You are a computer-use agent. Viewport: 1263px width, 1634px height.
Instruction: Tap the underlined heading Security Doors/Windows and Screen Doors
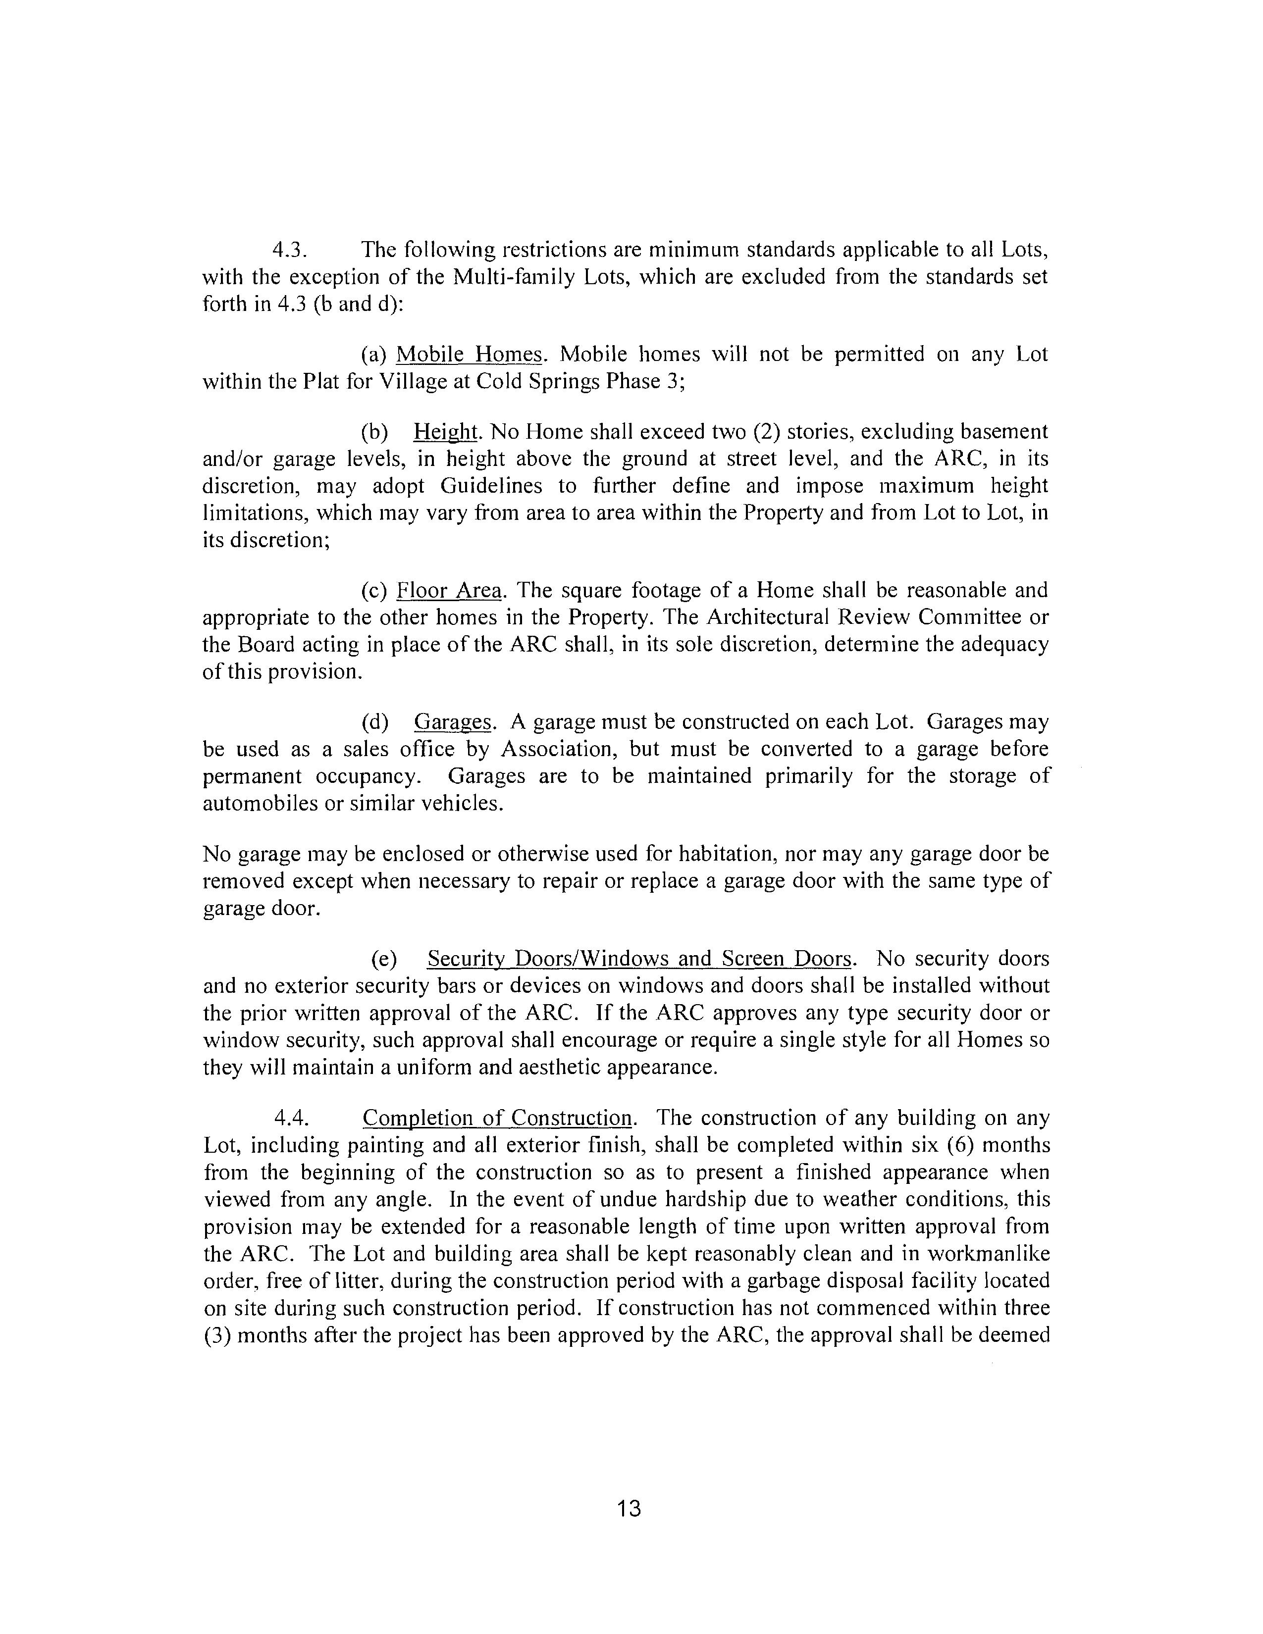pyautogui.click(x=640, y=959)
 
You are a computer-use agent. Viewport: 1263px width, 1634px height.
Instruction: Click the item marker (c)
pyautogui.click(x=373, y=591)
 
